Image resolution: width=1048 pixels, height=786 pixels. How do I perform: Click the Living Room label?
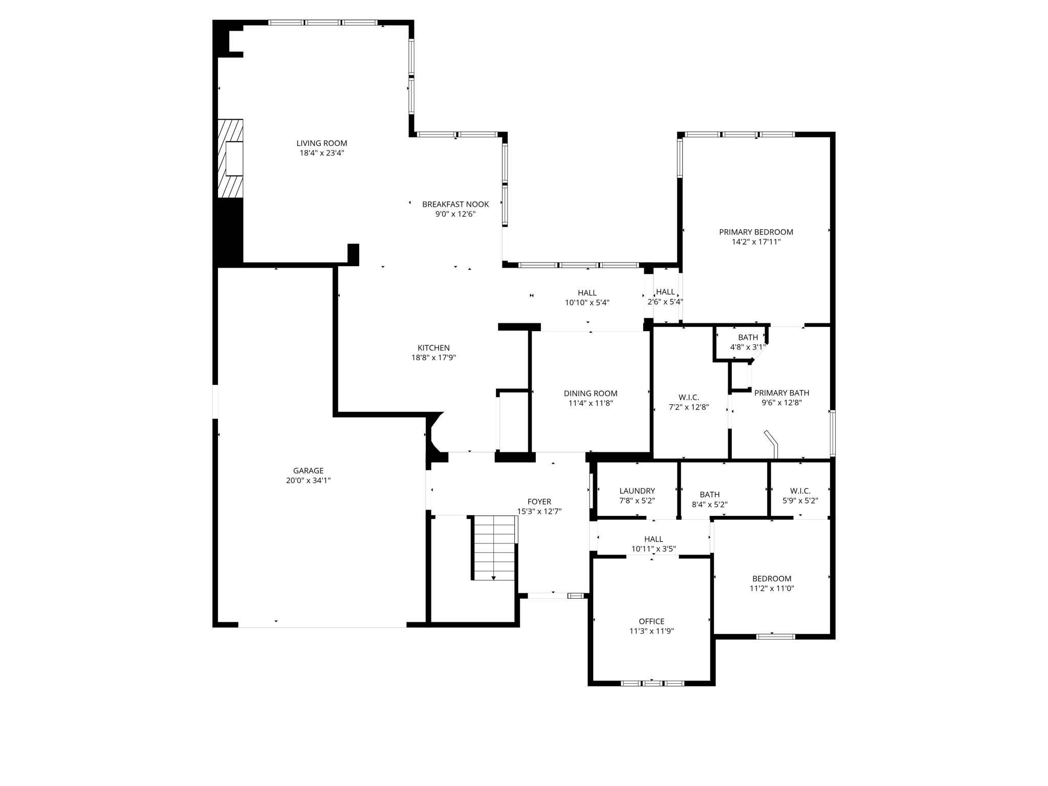pos(321,143)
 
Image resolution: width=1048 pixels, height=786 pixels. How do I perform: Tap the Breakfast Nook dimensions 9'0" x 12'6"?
pos(455,214)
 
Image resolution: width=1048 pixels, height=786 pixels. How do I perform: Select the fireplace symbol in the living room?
pos(231,159)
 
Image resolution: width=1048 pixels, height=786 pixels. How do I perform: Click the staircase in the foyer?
pos(494,548)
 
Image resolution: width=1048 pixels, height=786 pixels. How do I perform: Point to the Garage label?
pos(308,471)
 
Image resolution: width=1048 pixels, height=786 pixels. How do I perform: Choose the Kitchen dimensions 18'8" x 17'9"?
pos(433,358)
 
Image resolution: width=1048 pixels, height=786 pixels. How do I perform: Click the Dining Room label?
pos(591,394)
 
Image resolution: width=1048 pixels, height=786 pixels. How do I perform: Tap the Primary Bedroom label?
pos(756,232)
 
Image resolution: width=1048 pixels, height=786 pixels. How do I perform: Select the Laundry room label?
pos(637,491)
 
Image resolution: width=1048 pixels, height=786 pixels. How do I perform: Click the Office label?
pos(651,621)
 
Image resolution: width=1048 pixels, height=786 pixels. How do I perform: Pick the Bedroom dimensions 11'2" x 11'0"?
pos(772,588)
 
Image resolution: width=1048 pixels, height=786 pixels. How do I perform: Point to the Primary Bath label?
pos(781,393)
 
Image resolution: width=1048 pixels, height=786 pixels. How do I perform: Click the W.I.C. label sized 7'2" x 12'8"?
pos(689,398)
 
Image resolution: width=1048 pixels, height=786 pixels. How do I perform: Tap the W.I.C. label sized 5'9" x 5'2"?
pos(800,491)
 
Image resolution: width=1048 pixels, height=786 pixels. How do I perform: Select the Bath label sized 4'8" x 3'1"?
pos(748,337)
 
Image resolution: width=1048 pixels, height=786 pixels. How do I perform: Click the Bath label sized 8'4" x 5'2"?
pos(709,494)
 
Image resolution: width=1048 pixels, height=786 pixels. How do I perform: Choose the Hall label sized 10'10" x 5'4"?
pos(587,293)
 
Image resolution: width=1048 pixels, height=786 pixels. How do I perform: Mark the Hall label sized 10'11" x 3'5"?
pos(653,539)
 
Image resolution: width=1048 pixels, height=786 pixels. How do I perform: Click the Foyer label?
pos(539,501)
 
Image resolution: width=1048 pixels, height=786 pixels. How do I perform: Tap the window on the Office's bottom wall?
pos(652,683)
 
